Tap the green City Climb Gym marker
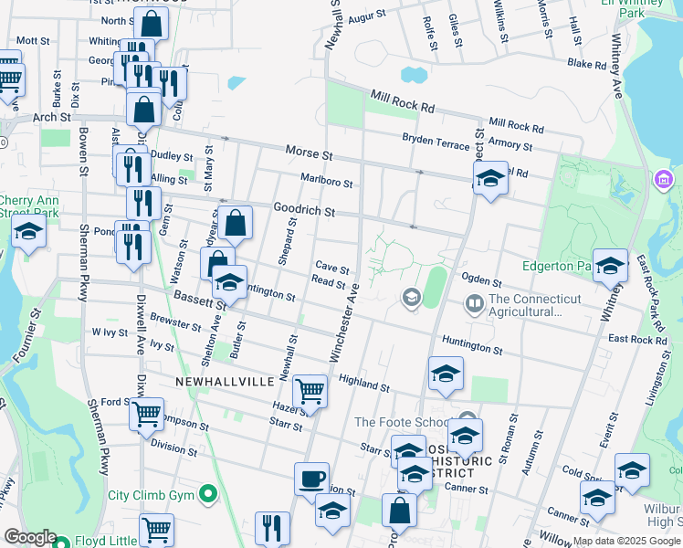click(209, 495)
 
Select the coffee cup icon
click(311, 479)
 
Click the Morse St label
click(309, 151)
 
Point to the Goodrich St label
click(305, 210)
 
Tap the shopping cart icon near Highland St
click(310, 391)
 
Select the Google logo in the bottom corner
click(30, 537)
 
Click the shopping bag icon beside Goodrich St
click(235, 222)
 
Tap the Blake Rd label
click(586, 65)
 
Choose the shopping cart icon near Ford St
click(146, 414)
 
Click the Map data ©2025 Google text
click(626, 541)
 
